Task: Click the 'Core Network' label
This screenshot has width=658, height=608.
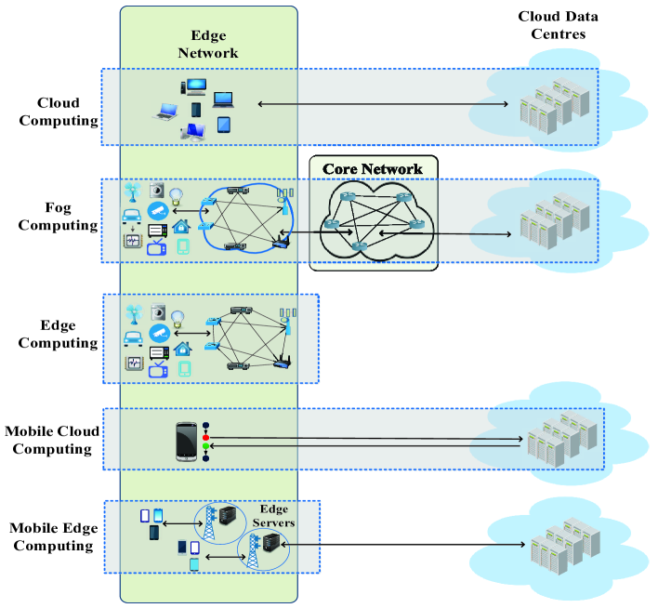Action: point(372,169)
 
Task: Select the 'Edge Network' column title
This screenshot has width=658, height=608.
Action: point(208,44)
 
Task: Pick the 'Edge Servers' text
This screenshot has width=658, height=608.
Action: point(275,515)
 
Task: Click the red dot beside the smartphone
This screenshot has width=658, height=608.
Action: point(206,438)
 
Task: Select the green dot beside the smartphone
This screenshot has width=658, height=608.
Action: point(206,447)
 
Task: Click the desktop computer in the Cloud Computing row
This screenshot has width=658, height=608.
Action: point(195,87)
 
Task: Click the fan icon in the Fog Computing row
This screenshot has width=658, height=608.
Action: point(131,191)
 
